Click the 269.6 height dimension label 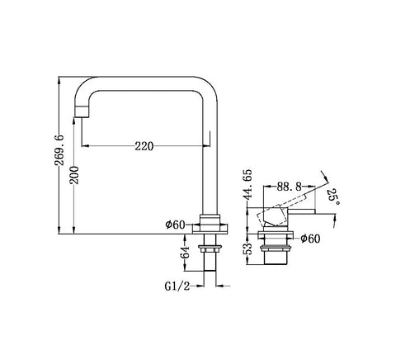59,149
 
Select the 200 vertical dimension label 74,175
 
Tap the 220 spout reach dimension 144,146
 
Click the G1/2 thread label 177,287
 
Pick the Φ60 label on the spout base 176,225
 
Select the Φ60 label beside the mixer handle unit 310,239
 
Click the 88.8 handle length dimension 289,187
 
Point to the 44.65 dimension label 247,184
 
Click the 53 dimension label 248,249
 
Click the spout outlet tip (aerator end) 82,111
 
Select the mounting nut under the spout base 210,248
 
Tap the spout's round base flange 210,229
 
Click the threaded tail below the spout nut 210,262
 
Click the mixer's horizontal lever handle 300,211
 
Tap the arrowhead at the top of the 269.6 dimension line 59,80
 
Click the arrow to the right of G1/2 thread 224,287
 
